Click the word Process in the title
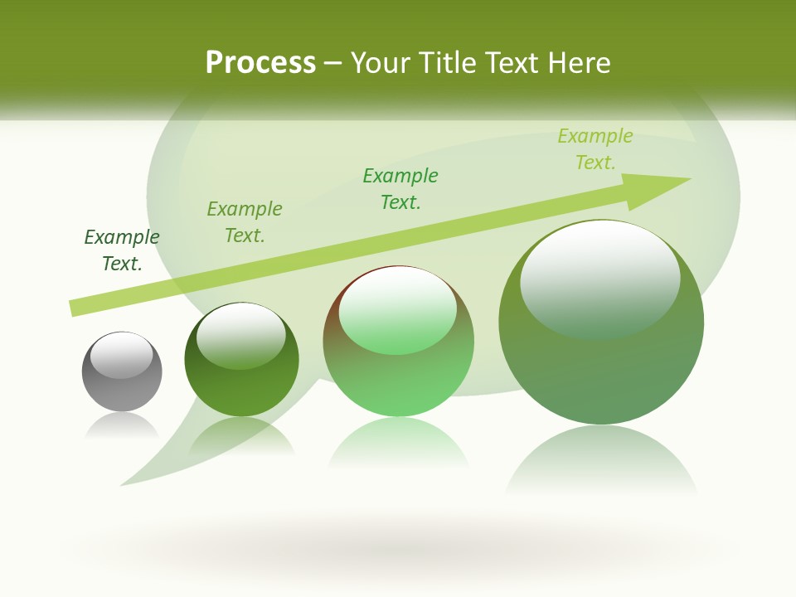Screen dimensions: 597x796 coord(260,63)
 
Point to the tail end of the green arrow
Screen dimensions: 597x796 coord(75,308)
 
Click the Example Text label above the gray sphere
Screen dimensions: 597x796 coord(122,250)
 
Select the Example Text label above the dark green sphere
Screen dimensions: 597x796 coord(245,222)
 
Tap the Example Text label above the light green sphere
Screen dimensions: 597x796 coord(400,189)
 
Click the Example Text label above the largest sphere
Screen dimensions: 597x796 coord(595,149)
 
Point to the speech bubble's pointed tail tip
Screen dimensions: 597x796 coord(123,483)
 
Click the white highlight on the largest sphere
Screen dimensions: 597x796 coord(599,274)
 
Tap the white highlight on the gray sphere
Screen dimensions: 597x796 coord(122,355)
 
